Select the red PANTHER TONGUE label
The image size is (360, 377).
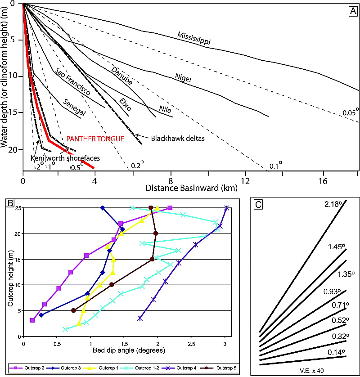click(x=95, y=139)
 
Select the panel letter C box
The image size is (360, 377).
click(x=258, y=204)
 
